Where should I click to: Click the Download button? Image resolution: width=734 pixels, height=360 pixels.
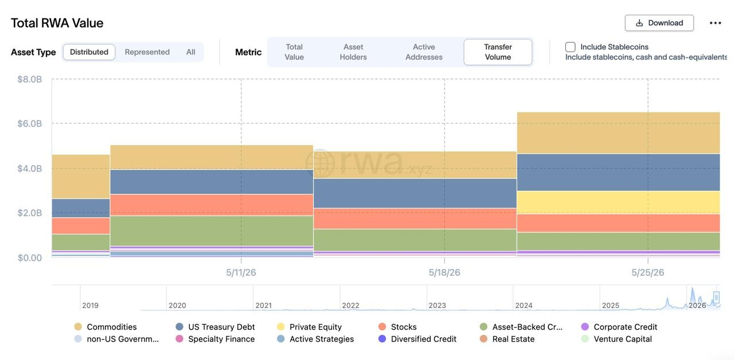tap(659, 23)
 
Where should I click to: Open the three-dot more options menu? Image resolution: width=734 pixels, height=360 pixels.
tap(715, 23)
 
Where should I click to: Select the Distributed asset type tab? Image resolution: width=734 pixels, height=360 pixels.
tap(89, 52)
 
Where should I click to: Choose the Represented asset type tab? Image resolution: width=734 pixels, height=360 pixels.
tap(147, 52)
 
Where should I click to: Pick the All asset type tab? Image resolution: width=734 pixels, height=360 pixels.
tap(191, 52)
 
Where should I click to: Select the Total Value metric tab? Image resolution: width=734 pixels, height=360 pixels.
tap(294, 52)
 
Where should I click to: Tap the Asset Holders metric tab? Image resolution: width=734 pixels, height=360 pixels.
tap(353, 52)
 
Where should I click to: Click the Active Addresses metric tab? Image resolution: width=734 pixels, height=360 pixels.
tap(424, 52)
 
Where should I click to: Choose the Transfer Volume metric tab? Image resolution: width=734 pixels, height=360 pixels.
tap(498, 52)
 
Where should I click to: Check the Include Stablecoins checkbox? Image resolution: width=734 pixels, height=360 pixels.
tap(570, 47)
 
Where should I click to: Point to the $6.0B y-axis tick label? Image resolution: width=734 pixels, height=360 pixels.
tap(30, 123)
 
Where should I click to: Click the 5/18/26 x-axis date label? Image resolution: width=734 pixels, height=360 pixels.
tap(444, 272)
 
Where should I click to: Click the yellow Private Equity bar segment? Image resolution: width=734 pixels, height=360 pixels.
tap(618, 202)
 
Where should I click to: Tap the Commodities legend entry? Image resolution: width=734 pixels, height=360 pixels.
tap(106, 327)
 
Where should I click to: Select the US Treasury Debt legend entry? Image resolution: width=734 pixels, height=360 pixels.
tap(215, 327)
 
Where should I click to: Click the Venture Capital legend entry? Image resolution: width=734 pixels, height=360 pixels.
tap(616, 339)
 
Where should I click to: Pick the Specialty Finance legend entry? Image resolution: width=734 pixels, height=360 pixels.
tap(215, 339)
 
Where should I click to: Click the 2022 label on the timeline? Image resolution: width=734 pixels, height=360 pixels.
tap(350, 306)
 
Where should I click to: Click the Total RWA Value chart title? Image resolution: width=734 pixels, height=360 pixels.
tap(57, 24)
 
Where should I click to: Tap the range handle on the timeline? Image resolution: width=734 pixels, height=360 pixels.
tap(717, 297)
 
